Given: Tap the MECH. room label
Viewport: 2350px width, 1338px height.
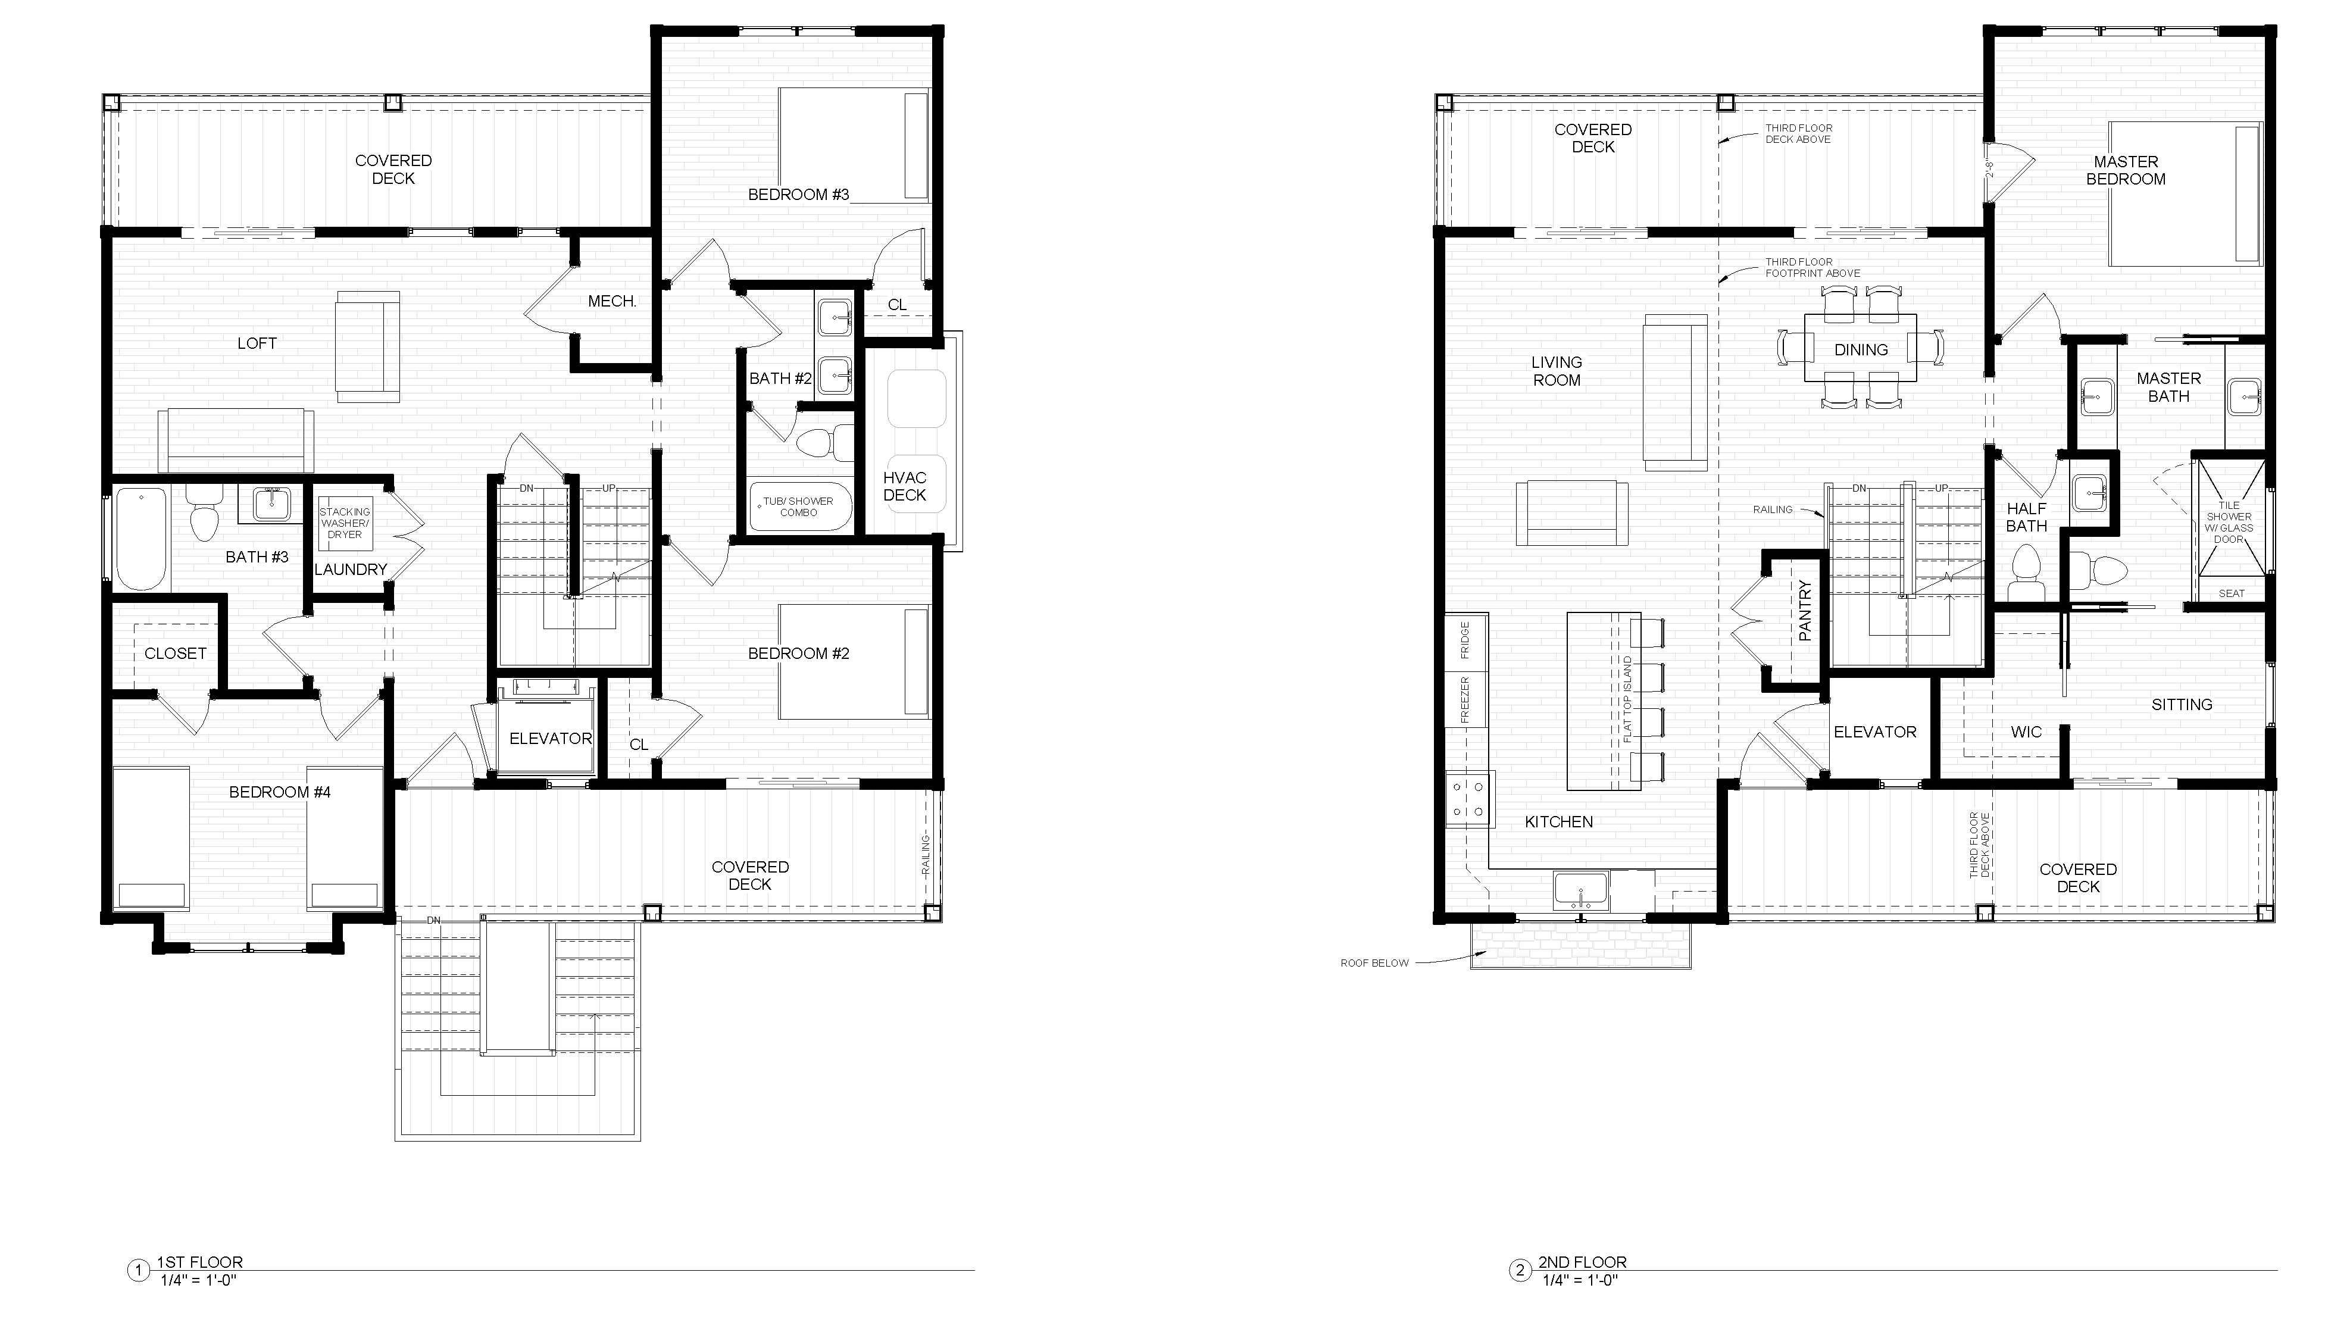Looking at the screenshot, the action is click(612, 301).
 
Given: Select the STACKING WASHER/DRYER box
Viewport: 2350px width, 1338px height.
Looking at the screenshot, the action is click(345, 523).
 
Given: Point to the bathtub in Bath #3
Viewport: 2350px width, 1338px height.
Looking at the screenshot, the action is click(142, 539).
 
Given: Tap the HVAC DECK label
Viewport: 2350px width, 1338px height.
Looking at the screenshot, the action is click(904, 486).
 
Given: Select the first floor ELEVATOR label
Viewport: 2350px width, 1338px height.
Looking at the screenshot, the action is click(551, 738).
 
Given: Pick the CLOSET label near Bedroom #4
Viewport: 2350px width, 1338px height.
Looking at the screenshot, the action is click(176, 654).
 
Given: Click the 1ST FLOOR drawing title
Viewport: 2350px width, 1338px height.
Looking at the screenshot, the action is click(201, 1262).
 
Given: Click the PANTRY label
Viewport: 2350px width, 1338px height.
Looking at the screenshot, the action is click(1805, 610).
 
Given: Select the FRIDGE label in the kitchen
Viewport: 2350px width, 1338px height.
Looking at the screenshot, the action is click(1465, 640).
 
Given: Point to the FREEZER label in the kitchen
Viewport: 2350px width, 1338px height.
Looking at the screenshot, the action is click(1465, 700).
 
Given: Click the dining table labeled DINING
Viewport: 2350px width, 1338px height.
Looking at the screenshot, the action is click(1861, 348).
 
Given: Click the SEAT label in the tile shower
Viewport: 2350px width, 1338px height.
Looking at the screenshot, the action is click(2232, 593).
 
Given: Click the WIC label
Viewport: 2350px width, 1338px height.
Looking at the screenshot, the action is click(2027, 731).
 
